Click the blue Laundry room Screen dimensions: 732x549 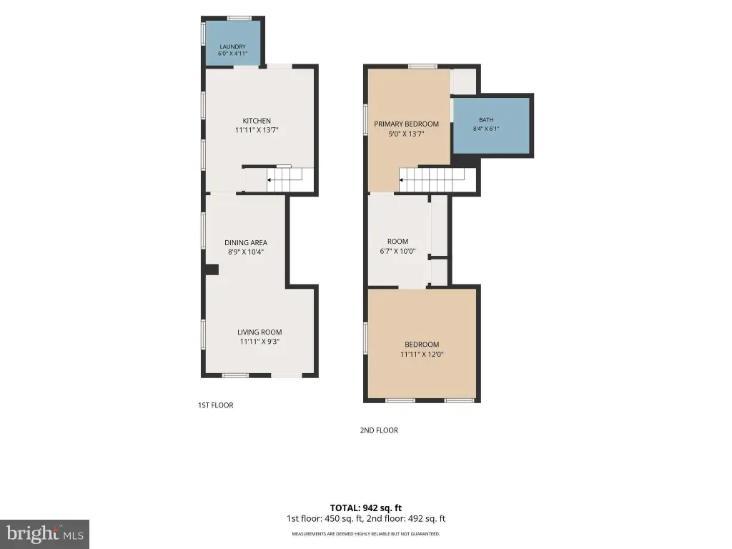point(233,44)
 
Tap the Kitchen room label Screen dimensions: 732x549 point(257,121)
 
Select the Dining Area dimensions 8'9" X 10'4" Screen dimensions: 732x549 point(246,252)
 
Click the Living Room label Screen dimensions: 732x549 point(259,332)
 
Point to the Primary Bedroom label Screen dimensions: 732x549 point(406,124)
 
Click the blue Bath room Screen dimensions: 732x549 point(492,125)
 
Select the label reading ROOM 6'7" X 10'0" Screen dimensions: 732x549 point(397,246)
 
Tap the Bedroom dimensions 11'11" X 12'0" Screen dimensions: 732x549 point(422,355)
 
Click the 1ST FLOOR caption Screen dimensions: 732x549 point(216,405)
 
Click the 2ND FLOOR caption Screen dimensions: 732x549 point(379,430)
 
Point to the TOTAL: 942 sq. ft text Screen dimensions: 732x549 point(366,508)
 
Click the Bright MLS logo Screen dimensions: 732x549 point(44,534)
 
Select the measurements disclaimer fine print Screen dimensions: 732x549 point(366,533)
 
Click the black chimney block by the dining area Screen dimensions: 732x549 point(212,269)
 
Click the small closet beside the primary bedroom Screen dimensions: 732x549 point(463,81)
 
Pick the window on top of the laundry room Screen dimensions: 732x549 point(239,18)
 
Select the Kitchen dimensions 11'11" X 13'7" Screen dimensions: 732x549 point(257,130)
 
